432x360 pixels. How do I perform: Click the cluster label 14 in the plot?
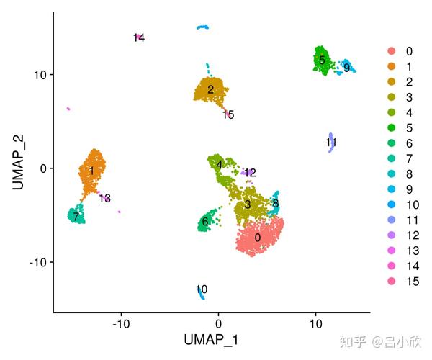[139, 37]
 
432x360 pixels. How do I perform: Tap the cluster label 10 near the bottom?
[202, 289]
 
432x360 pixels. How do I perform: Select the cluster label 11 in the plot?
[331, 143]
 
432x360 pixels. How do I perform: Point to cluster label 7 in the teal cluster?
[76, 216]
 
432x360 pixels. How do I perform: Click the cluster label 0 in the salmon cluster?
[257, 238]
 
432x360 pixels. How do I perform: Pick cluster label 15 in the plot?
[228, 114]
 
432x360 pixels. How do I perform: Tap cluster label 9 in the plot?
[346, 68]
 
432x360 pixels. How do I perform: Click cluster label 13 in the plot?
[105, 198]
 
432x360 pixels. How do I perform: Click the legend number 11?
[411, 220]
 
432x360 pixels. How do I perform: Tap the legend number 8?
[408, 174]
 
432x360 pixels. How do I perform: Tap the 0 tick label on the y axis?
[43, 168]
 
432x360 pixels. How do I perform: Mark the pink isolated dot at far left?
[68, 109]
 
